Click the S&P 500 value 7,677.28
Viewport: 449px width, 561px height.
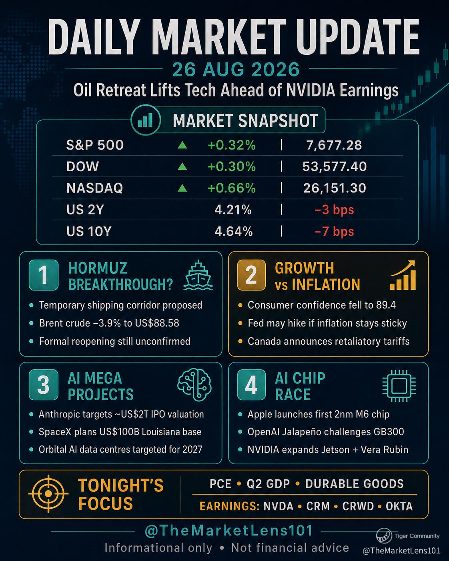click(x=334, y=145)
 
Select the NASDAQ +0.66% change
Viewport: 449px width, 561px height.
click(x=232, y=188)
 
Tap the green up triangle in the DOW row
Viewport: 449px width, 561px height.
click(x=182, y=166)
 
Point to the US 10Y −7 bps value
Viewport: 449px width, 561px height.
click(x=334, y=231)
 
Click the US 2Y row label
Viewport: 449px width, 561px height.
click(x=85, y=210)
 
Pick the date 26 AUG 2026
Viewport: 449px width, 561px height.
click(x=236, y=69)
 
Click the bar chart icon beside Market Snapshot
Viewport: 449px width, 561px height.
click(x=146, y=120)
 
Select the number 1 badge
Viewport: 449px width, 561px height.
click(x=44, y=275)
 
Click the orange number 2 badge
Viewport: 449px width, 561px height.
click(x=251, y=275)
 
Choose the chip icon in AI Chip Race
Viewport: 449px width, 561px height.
click(x=399, y=386)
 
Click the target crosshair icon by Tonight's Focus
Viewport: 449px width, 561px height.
click(x=48, y=493)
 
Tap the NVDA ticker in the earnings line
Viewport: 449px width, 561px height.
click(x=279, y=506)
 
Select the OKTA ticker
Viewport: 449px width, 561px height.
click(x=399, y=506)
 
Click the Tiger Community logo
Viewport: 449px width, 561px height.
click(x=384, y=536)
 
